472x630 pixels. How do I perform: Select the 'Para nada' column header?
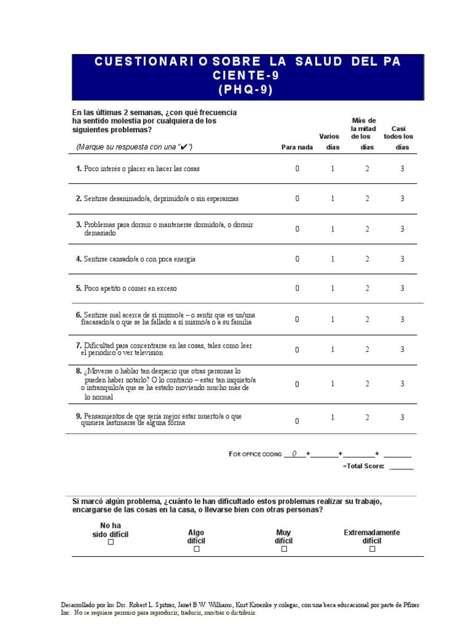(297, 147)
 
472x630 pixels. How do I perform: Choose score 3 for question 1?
(403, 169)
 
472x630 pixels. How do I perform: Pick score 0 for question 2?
(297, 199)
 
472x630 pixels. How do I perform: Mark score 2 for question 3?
(368, 229)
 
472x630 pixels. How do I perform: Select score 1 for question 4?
(332, 259)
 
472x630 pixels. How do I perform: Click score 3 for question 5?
(403, 288)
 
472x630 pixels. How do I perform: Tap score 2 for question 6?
(368, 319)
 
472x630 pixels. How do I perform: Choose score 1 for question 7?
(332, 349)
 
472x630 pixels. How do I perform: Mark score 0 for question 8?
(297, 384)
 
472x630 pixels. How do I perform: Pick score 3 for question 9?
(403, 417)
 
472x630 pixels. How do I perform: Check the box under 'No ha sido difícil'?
(111, 543)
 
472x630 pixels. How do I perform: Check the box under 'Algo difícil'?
(197, 549)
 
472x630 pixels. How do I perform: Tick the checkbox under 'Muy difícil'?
(284, 549)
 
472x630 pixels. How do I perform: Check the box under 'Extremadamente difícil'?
(372, 549)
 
